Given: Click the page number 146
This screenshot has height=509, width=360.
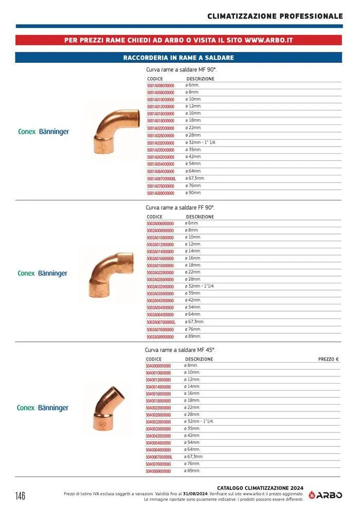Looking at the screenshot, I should pyautogui.click(x=20, y=496).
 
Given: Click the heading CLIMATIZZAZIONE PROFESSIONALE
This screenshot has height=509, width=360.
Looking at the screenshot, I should pyautogui.click(x=275, y=16).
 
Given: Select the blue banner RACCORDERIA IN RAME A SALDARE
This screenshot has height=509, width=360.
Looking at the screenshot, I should pyautogui.click(x=178, y=58).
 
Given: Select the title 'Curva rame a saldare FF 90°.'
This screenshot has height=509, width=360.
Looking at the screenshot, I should pyautogui.click(x=181, y=208).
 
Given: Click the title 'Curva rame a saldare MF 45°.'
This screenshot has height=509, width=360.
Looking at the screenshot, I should pyautogui.click(x=180, y=350).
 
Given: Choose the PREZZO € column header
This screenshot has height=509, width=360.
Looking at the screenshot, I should pyautogui.click(x=329, y=359).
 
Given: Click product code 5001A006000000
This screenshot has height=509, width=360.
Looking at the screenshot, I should pyautogui.click(x=160, y=85).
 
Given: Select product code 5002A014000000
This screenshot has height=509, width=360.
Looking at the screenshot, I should pyautogui.click(x=160, y=251).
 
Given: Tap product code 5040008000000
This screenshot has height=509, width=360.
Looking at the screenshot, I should pyautogui.click(x=158, y=366).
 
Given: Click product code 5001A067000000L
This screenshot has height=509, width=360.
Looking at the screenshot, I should pyautogui.click(x=161, y=178).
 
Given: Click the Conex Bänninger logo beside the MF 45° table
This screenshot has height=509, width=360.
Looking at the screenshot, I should pyautogui.click(x=43, y=408).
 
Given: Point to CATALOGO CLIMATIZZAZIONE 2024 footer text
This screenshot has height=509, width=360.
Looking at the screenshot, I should pyautogui.click(x=260, y=488).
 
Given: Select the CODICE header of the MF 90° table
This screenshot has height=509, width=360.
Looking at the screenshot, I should pyautogui.click(x=155, y=79).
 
